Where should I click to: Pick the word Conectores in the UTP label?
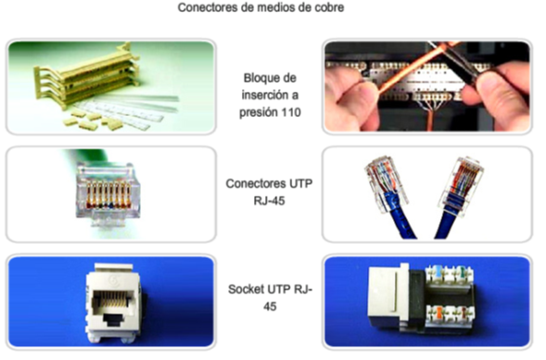255,184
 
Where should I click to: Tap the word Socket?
248,289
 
